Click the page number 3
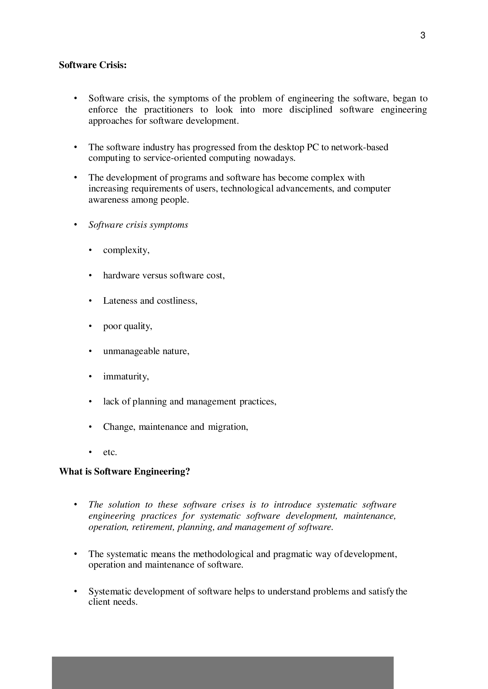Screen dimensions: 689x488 click(x=423, y=35)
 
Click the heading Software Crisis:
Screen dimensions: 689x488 click(x=93, y=65)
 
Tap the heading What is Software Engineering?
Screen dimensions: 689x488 click(x=125, y=471)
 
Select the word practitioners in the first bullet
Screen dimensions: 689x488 click(x=168, y=110)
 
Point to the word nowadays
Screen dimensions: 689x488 click(x=274, y=158)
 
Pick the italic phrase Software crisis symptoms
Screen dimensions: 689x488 click(x=138, y=225)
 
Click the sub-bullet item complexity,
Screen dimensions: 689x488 click(x=126, y=250)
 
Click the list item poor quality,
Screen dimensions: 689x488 click(x=128, y=326)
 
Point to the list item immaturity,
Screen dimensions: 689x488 click(x=126, y=376)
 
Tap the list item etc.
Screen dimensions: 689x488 click(x=110, y=452)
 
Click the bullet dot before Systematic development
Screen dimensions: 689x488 click(x=76, y=591)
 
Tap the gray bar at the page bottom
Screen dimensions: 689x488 click(x=222, y=672)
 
